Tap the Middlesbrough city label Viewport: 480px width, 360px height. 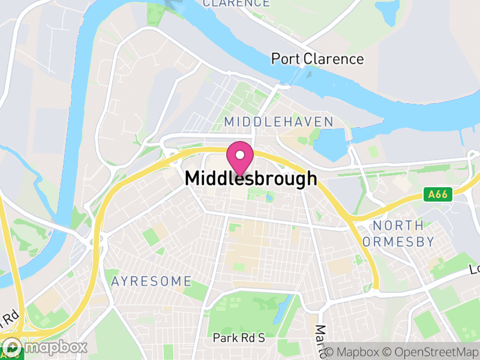251,178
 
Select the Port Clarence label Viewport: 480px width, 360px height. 317,59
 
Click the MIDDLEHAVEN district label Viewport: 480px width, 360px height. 278,122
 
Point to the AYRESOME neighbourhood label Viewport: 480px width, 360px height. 151,281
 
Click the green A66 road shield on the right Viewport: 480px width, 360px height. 437,194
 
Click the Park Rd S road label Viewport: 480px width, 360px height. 239,338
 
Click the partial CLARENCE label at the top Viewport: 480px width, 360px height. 236,3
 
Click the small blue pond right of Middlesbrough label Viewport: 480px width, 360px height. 269,197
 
